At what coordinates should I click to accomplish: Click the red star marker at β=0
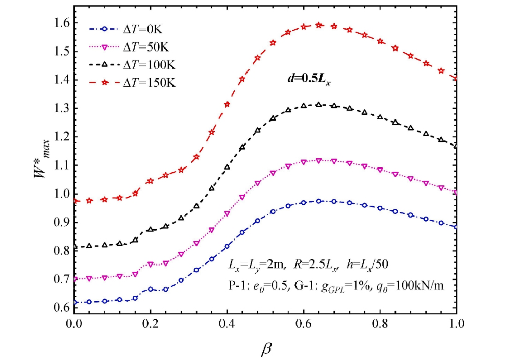click(75, 201)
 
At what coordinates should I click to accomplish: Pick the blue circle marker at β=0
click(75, 303)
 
